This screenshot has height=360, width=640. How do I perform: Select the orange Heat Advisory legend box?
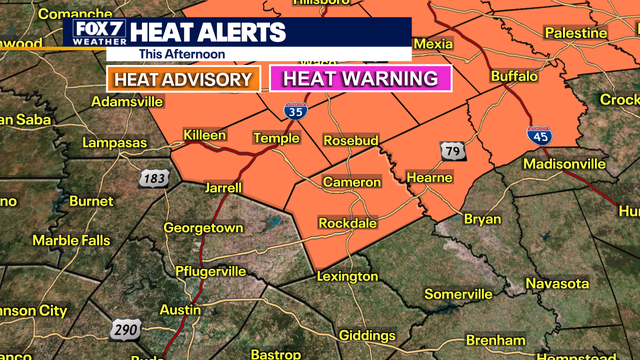[183, 78]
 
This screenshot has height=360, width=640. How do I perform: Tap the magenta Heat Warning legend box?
[360, 78]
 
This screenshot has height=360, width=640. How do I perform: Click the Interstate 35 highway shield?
[294, 112]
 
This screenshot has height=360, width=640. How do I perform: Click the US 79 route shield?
[450, 150]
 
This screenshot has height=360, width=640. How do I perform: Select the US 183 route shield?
[153, 178]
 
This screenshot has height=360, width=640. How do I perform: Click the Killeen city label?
[204, 135]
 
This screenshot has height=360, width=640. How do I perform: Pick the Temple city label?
[275, 138]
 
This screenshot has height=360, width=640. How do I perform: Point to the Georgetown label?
[203, 227]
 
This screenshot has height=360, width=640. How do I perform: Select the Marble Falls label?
[70, 240]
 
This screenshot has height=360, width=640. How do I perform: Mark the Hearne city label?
[430, 177]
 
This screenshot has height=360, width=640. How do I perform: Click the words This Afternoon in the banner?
[182, 53]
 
